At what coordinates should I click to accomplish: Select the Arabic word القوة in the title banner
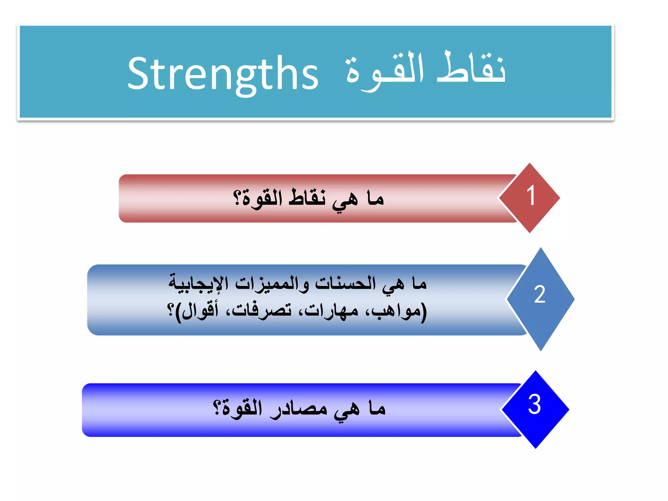click(x=385, y=70)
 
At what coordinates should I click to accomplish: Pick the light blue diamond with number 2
click(x=540, y=298)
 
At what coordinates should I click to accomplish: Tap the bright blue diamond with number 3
click(x=535, y=409)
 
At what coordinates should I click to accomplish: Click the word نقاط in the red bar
click(x=307, y=198)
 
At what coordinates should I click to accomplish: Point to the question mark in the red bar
click(x=237, y=198)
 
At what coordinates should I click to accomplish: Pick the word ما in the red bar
click(x=375, y=198)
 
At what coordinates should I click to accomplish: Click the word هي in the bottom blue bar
click(x=347, y=410)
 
